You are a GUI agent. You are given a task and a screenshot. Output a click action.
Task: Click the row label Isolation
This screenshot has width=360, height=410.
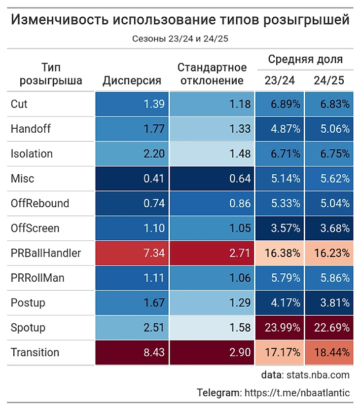pos(32,153)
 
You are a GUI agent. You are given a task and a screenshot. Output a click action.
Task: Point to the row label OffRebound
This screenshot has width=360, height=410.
pos(40,203)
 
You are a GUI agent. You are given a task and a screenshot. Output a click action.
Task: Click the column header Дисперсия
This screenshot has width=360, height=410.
pos(132,81)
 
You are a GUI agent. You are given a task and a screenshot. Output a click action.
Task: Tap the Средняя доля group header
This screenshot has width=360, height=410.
pos(305,60)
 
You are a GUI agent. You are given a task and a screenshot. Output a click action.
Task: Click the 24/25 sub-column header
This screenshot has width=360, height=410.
pos(329,81)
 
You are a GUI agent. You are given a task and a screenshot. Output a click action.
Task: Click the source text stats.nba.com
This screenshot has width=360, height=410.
pos(318,375)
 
